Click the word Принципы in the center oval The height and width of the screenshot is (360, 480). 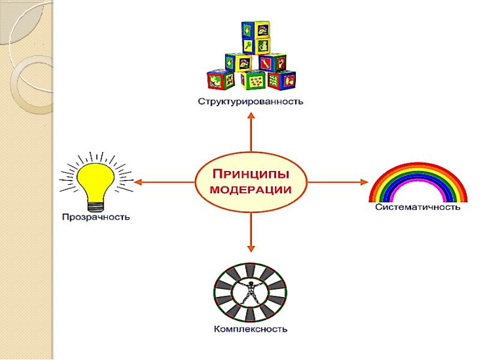pyautogui.click(x=251, y=174)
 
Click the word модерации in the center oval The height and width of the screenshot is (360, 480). pyautogui.click(x=251, y=189)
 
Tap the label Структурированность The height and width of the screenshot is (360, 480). pyautogui.click(x=251, y=101)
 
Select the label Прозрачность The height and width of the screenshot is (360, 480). pyautogui.click(x=96, y=216)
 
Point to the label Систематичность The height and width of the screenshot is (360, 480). pyautogui.click(x=418, y=208)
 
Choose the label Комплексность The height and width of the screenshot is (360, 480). pyautogui.click(x=251, y=329)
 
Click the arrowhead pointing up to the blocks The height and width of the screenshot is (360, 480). pyautogui.click(x=251, y=116)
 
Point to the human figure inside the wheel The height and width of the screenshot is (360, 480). pyautogui.click(x=250, y=293)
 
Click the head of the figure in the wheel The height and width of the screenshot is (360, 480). pyautogui.click(x=250, y=281)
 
